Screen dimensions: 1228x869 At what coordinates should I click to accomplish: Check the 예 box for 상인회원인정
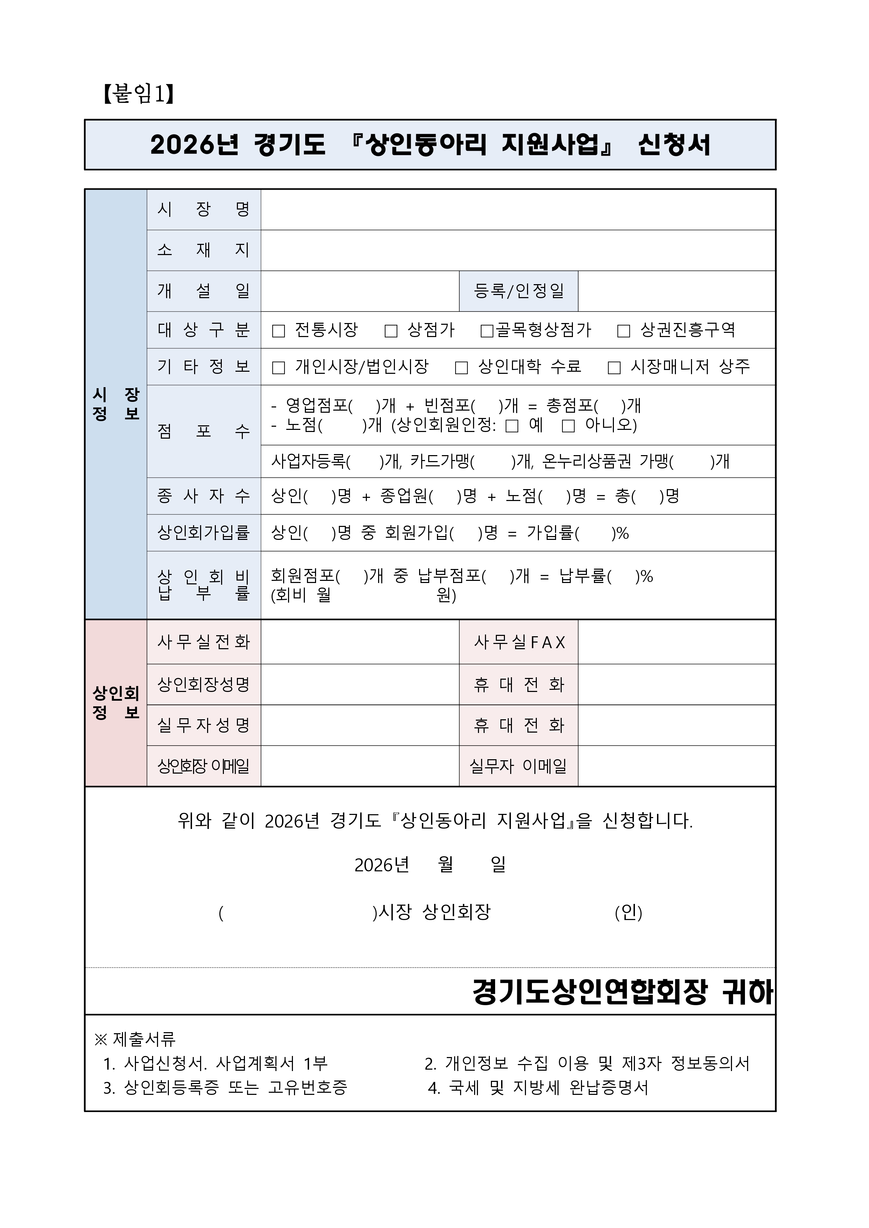click(512, 426)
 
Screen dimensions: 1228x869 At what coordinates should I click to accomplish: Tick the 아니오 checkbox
click(568, 426)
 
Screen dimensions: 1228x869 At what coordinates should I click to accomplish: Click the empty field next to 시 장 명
click(518, 210)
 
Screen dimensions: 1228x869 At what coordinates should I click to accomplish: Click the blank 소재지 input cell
click(518, 251)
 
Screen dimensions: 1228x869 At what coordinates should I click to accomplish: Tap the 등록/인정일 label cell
click(519, 291)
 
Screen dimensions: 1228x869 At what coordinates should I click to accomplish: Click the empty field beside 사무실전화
click(360, 642)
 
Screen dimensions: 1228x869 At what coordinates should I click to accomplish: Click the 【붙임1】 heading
click(138, 94)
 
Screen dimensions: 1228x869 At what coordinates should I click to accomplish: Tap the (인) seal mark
click(628, 912)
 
